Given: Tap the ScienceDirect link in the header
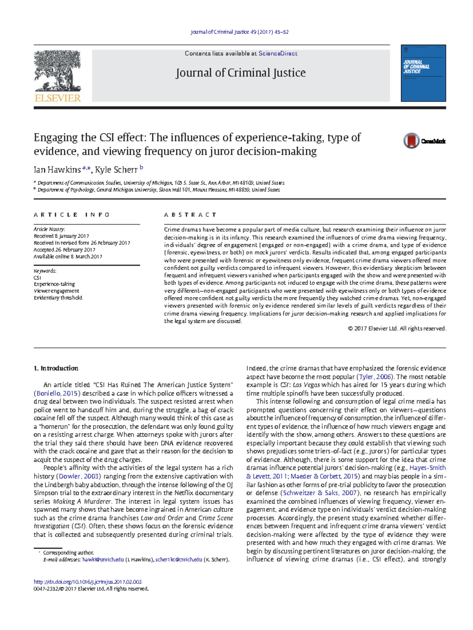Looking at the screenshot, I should point(278,54).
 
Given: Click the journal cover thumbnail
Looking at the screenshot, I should point(423,73).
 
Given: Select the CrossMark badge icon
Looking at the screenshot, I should point(411,141).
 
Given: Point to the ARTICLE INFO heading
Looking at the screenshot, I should point(72,215).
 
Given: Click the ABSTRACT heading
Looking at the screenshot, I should point(190,215).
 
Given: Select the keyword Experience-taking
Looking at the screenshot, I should point(54,284).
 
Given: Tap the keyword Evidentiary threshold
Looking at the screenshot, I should point(58,298).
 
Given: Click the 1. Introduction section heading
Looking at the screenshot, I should point(56,368).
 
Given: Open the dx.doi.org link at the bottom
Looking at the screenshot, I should point(88,582).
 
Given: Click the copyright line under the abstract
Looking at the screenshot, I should point(397,329).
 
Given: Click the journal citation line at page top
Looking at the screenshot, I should point(240,32).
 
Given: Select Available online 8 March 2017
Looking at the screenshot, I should point(68,256).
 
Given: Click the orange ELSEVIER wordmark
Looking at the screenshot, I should point(58,98).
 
